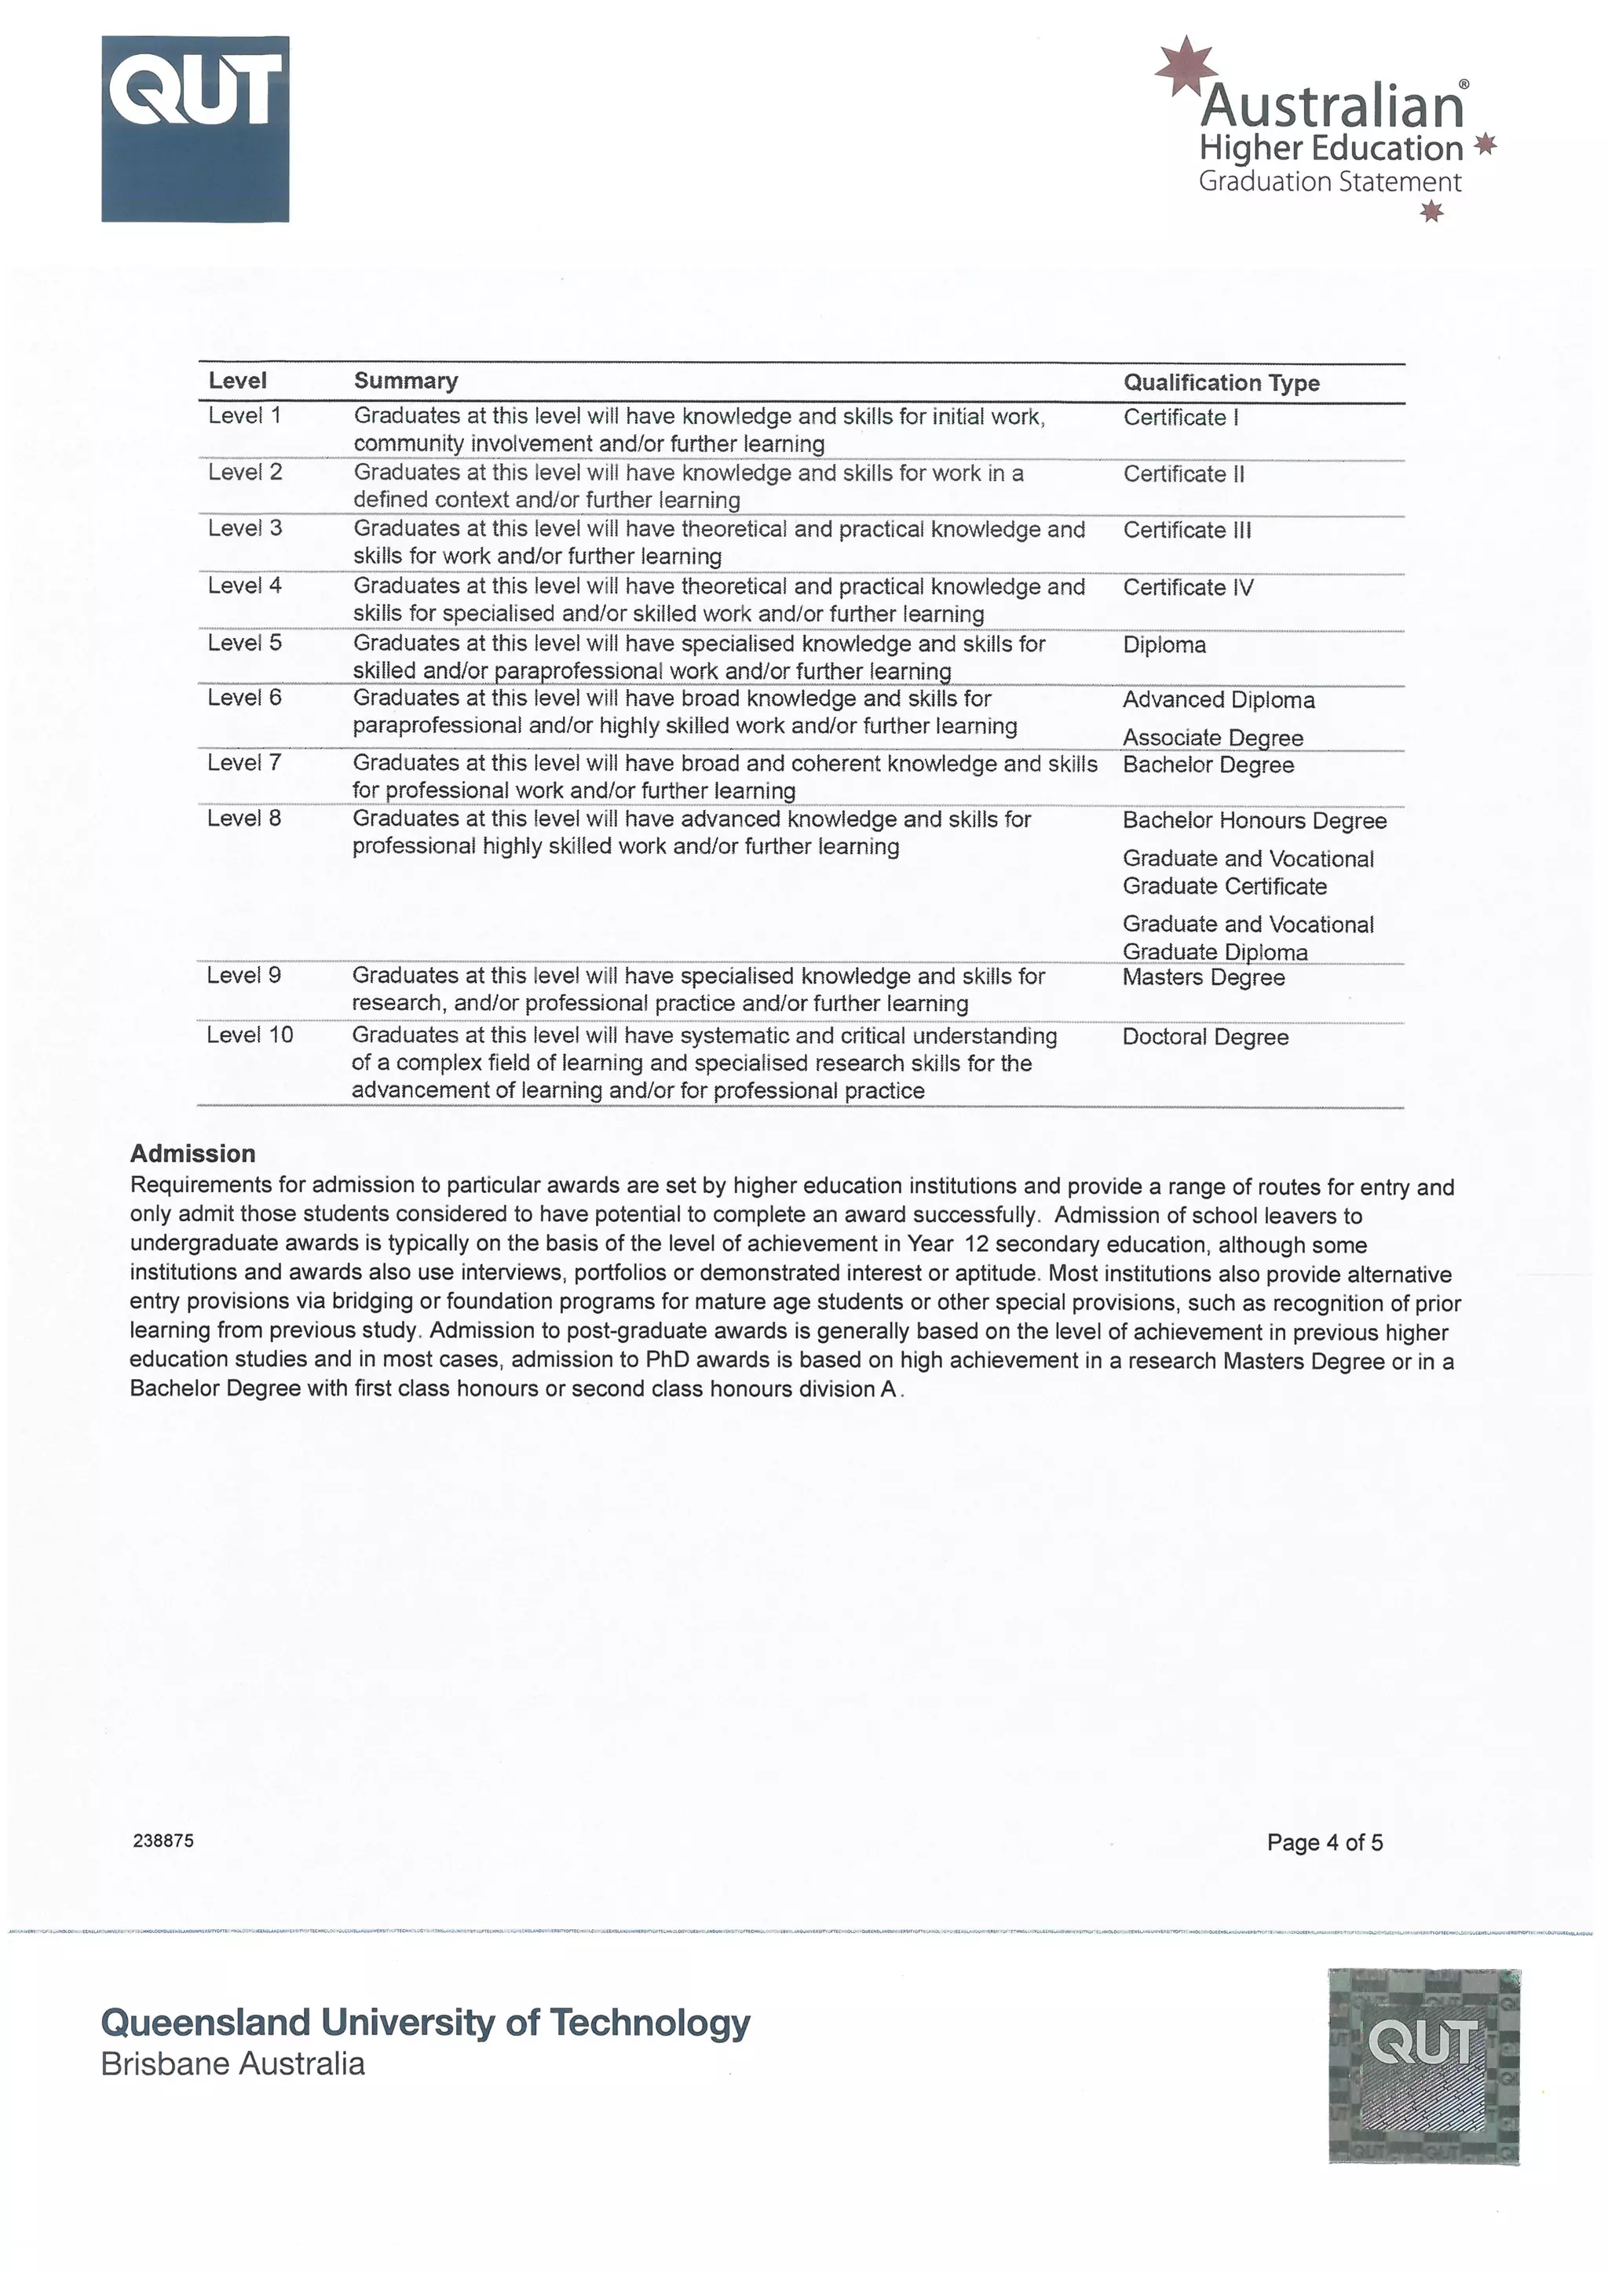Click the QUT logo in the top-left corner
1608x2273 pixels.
pos(195,129)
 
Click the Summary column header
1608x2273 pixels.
pos(405,381)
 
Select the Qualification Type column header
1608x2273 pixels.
pos(1221,383)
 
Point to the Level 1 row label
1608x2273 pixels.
pos(244,416)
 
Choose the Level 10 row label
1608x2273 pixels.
pos(250,1034)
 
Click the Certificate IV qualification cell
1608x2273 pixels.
pos(1188,588)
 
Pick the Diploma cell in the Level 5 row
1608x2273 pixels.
pos(1164,645)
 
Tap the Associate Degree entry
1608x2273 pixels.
pos(1213,738)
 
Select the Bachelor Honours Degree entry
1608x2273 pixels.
pos(1255,821)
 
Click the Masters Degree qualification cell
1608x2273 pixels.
pos(1204,978)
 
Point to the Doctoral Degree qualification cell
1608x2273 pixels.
pos(1205,1038)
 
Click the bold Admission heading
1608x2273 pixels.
pos(193,1153)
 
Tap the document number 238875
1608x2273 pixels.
pos(163,1841)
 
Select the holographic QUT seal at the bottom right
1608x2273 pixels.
pos(1423,2066)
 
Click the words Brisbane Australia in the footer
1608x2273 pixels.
pos(232,2064)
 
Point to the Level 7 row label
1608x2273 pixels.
pos(244,763)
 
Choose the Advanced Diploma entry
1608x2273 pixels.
pos(1219,700)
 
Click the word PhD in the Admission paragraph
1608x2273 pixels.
pos(667,1360)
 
